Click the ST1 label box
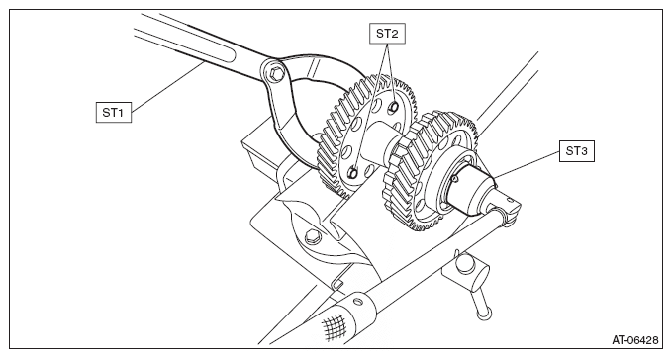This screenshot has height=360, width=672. [114, 112]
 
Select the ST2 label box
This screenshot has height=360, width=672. [387, 34]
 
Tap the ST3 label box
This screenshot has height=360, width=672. [576, 151]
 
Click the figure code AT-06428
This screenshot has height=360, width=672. [634, 340]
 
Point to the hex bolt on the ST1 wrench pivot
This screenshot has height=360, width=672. [276, 74]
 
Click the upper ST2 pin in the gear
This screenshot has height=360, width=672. [393, 108]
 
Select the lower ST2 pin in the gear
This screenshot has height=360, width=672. [352, 172]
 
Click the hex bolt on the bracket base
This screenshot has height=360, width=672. [312, 236]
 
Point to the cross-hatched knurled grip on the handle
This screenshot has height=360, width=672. [334, 326]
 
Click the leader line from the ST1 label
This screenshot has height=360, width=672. [167, 87]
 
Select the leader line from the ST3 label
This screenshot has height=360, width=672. [528, 164]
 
